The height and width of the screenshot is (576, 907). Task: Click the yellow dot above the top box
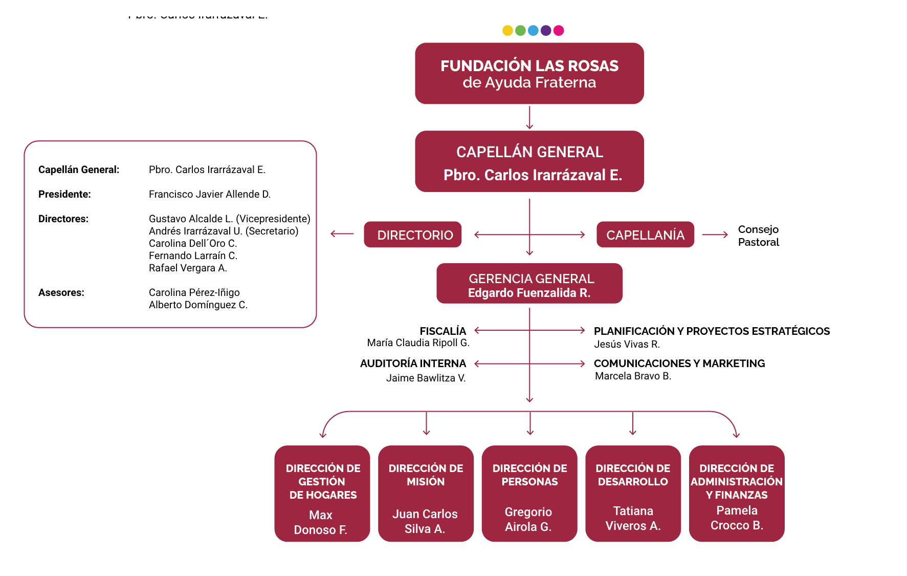507,31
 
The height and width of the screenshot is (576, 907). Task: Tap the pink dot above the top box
559,31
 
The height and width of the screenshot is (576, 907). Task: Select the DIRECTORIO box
413,234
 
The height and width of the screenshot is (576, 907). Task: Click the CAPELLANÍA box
645,234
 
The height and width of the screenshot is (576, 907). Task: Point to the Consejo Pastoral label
758,236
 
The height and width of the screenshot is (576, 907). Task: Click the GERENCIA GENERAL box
529,284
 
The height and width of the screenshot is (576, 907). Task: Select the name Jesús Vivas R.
627,345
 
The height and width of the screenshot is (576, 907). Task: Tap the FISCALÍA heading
443,331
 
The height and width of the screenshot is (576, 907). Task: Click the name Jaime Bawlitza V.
426,378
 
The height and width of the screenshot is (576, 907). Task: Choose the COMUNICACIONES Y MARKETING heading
679,364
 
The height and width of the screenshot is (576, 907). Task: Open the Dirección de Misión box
426,494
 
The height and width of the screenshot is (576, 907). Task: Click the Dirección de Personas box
529,494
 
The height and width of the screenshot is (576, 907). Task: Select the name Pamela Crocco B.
737,518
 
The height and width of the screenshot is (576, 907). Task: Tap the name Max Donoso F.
321,523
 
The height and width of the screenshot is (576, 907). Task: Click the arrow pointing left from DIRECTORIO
342,234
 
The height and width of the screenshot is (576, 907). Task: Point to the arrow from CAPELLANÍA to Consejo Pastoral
715,234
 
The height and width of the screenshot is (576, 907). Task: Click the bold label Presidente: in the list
64,195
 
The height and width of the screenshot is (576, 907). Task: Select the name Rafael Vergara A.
188,268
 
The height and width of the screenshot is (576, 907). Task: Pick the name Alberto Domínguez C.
198,305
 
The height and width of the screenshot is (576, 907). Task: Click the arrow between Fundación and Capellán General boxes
529,118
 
